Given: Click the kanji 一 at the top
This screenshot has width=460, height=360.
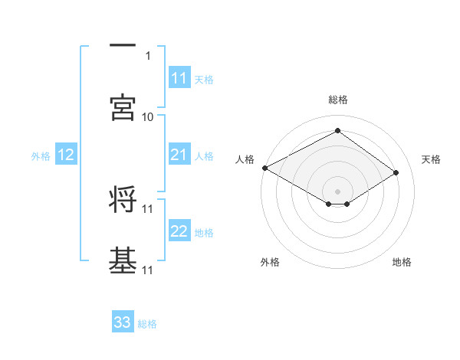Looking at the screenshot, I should click(123, 45).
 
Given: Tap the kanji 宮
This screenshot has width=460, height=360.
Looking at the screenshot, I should click(123, 108).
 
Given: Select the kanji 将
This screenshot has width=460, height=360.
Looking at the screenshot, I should click(123, 199).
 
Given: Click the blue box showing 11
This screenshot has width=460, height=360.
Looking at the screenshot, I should click(179, 78).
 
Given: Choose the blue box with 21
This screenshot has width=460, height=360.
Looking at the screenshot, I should click(179, 155).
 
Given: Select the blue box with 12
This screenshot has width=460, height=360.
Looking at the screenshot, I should click(66, 155).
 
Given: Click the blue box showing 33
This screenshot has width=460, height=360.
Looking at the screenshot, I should click(123, 322).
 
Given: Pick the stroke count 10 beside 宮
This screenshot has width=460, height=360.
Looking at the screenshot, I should click(148, 116).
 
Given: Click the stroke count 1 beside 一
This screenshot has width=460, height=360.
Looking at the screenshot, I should click(148, 55).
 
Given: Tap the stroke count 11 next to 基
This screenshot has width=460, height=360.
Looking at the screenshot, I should click(148, 270).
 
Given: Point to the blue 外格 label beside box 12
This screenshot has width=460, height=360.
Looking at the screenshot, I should click(41, 156).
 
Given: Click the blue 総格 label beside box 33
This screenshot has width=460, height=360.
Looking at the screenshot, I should click(147, 323).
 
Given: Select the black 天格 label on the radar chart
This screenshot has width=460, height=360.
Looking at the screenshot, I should click(431, 159).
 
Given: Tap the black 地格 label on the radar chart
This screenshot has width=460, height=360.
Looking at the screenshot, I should click(402, 262).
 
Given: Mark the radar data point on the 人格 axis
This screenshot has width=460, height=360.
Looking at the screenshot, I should click(264, 168).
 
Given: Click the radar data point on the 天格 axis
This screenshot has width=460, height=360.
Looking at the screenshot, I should click(396, 173).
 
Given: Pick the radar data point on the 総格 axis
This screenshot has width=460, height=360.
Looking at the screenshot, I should click(337, 131).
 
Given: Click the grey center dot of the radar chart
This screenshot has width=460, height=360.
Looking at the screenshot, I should click(337, 191).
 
